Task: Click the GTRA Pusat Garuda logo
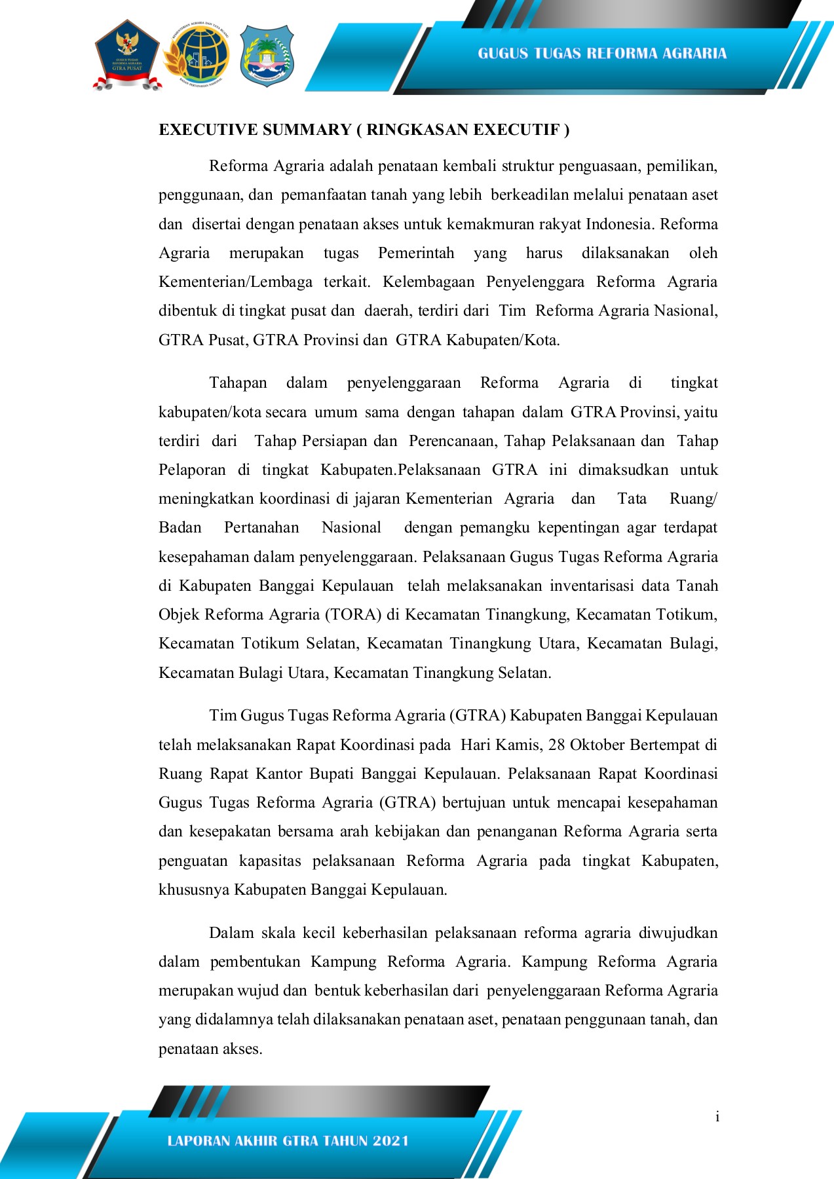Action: (x=127, y=56)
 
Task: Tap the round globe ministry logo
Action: (x=197, y=56)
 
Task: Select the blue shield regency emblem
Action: (x=267, y=56)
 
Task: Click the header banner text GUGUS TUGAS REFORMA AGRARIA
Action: (x=602, y=54)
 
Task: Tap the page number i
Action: (x=717, y=1117)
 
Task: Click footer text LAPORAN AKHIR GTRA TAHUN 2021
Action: (x=288, y=1141)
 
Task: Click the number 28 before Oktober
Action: (x=556, y=745)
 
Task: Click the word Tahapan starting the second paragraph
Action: (x=238, y=383)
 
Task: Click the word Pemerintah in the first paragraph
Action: (x=416, y=253)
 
